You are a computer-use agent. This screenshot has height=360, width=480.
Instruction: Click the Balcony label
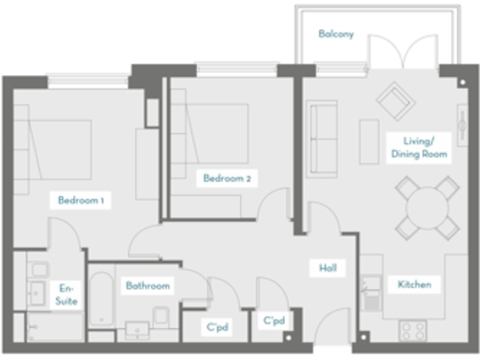pos(336,34)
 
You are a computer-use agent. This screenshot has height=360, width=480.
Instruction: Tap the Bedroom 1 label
pos(81,200)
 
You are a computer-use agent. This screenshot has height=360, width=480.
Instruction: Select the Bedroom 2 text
pos(227,177)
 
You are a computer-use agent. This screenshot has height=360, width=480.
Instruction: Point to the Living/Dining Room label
pos(418,146)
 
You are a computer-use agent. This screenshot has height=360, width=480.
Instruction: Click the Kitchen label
pos(414,284)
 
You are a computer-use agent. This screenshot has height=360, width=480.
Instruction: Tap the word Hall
pos(327,268)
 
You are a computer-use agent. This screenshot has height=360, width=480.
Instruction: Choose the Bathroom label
pos(147,285)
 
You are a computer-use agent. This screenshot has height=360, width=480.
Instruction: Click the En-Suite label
pos(67,294)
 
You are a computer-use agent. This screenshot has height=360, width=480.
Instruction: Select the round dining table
pos(427,206)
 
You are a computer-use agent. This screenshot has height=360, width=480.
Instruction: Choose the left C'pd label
pos(217,327)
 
